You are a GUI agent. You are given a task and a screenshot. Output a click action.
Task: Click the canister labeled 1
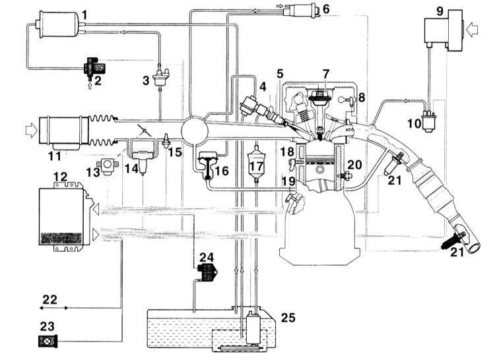pos(59,24)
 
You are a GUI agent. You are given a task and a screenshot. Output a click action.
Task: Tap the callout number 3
pos(146,80)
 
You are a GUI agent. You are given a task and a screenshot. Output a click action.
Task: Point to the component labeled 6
pos(300,11)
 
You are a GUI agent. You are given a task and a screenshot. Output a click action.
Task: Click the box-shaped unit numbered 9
pos(444,30)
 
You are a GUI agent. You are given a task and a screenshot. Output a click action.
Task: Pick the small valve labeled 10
pos(429,121)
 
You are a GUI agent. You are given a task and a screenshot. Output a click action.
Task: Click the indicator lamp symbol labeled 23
pos(48,341)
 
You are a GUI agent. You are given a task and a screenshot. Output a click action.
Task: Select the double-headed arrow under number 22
pos(53,308)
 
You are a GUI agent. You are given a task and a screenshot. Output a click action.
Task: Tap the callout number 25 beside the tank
pos(288,318)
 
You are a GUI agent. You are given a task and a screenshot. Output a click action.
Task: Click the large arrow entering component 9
pos(473,30)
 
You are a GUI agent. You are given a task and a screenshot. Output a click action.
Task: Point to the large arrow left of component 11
pos(31,131)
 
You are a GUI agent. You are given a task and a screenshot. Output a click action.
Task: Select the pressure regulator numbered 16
pos(207,165)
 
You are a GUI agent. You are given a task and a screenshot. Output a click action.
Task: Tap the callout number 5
pos(280,74)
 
